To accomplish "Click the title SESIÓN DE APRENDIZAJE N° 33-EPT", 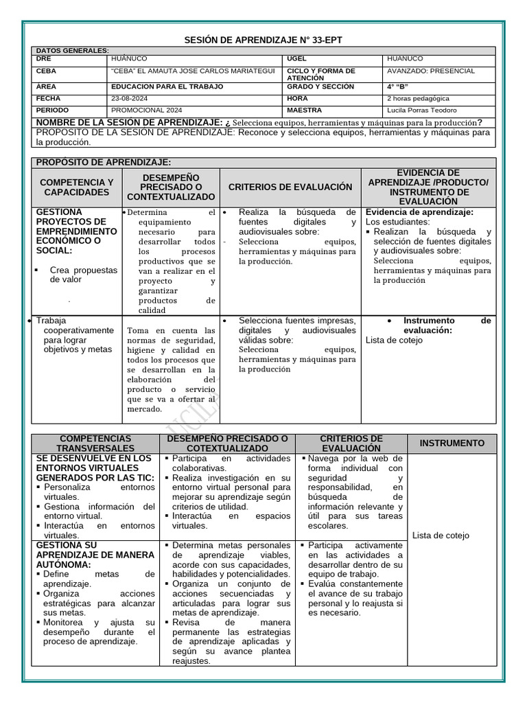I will tap(263, 41).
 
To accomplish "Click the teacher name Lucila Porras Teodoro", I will tap(421, 110).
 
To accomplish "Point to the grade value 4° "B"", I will tap(397, 87).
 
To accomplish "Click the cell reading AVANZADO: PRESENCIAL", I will tap(430, 71).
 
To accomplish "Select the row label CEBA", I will tap(47, 71).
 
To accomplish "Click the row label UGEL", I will tap(296, 59).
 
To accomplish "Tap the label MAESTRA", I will tap(304, 110).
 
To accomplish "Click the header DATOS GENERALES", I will tap(72, 51).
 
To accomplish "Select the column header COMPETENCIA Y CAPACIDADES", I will tap(77, 187).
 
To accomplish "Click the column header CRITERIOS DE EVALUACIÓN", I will tap(290, 187).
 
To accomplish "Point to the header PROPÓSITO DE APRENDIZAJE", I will tap(103, 162).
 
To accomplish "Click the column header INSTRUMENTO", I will tap(452, 443).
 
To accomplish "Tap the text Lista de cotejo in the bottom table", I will tap(441, 535).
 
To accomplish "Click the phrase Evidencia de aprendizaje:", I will tap(419, 212).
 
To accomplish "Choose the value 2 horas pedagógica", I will tap(419, 98).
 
